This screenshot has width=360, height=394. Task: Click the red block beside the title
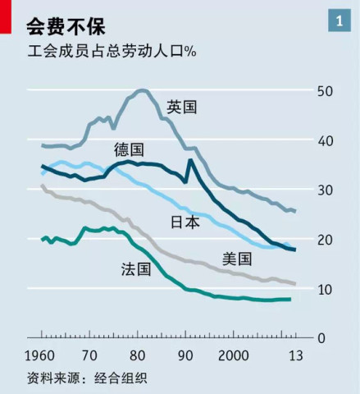coord(6,17)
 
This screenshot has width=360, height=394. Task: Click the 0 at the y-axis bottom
coord(321,338)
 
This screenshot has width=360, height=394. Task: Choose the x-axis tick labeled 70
coord(89,356)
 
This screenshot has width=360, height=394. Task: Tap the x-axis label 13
coord(294,356)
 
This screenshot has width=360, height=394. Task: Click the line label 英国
coord(182,108)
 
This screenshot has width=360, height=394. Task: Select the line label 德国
coord(129,149)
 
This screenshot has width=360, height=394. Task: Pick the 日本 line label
coord(185,222)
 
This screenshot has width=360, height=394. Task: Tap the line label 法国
coord(136,268)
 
